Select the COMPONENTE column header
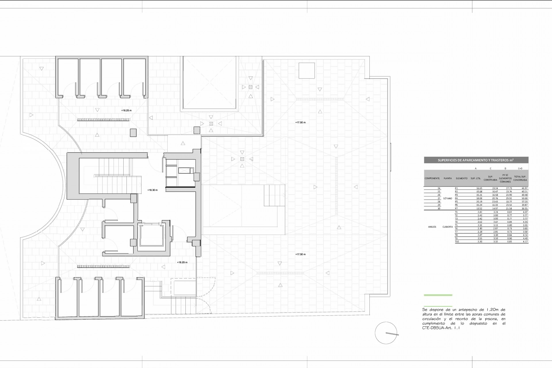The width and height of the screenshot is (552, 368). pos(432,178)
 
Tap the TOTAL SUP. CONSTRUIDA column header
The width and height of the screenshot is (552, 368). pos(520,178)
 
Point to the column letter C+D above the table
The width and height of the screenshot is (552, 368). pos(520,168)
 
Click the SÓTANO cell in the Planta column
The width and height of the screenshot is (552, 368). pos(447,198)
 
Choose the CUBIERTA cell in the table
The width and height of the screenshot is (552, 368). pos(447,227)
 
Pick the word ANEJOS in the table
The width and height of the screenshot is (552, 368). pos(432,227)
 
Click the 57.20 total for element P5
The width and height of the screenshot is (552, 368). pos(524,202)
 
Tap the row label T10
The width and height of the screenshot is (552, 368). pos(457,242)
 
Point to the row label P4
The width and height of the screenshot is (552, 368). pos(456,198)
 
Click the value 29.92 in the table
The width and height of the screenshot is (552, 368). pos(508,198)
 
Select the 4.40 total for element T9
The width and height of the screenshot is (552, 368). pos(525,238)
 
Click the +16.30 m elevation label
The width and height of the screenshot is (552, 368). pos(152,190)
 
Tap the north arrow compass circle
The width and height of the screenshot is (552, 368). pos(386,333)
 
